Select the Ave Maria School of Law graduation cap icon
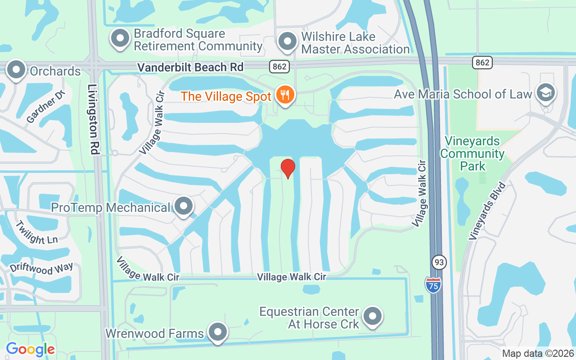[546, 93]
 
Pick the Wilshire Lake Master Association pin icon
[287, 42]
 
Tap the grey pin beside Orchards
[17, 70]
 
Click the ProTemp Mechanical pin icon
[183, 206]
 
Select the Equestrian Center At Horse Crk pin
[372, 316]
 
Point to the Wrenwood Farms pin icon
[218, 332]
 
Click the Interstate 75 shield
[433, 285]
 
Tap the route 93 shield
[438, 262]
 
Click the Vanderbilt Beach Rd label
[190, 67]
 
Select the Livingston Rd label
[93, 120]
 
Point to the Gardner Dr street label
[46, 107]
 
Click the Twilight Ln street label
[36, 233]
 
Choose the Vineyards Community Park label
[472, 153]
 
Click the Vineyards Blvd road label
[488, 210]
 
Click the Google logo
[30, 349]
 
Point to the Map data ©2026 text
[538, 353]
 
